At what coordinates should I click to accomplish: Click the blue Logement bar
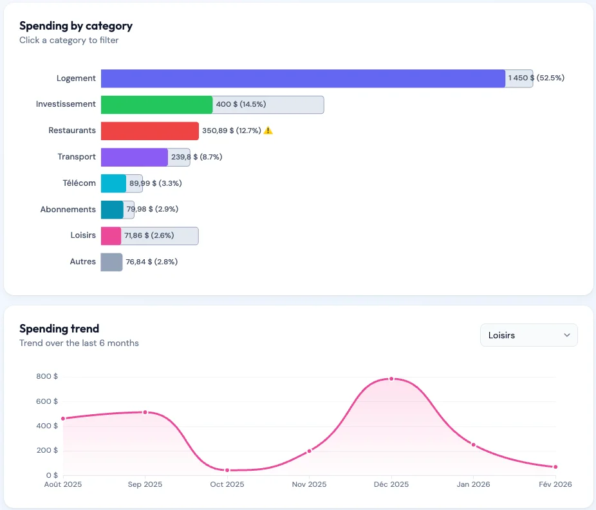[303, 78]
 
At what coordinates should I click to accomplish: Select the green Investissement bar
[156, 105]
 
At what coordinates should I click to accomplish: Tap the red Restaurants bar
[149, 131]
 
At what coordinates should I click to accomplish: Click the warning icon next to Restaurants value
[268, 131]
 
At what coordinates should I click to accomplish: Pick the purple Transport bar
[134, 158]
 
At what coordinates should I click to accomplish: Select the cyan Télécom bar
[113, 183]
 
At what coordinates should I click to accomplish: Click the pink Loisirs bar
[111, 236]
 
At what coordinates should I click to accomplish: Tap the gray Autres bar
[111, 262]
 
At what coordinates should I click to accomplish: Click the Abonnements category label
[68, 210]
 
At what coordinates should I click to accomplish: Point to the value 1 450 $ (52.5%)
[535, 78]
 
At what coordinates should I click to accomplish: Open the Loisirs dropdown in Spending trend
[528, 335]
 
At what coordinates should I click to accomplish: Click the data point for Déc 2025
[391, 379]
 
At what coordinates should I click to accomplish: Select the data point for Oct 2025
[227, 470]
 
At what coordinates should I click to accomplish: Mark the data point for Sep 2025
[145, 412]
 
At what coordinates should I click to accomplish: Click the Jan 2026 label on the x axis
[473, 484]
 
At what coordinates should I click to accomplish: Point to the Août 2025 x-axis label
[63, 484]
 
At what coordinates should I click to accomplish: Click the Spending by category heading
[76, 26]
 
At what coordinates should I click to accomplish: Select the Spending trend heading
[59, 329]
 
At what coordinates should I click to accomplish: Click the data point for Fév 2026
[555, 467]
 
